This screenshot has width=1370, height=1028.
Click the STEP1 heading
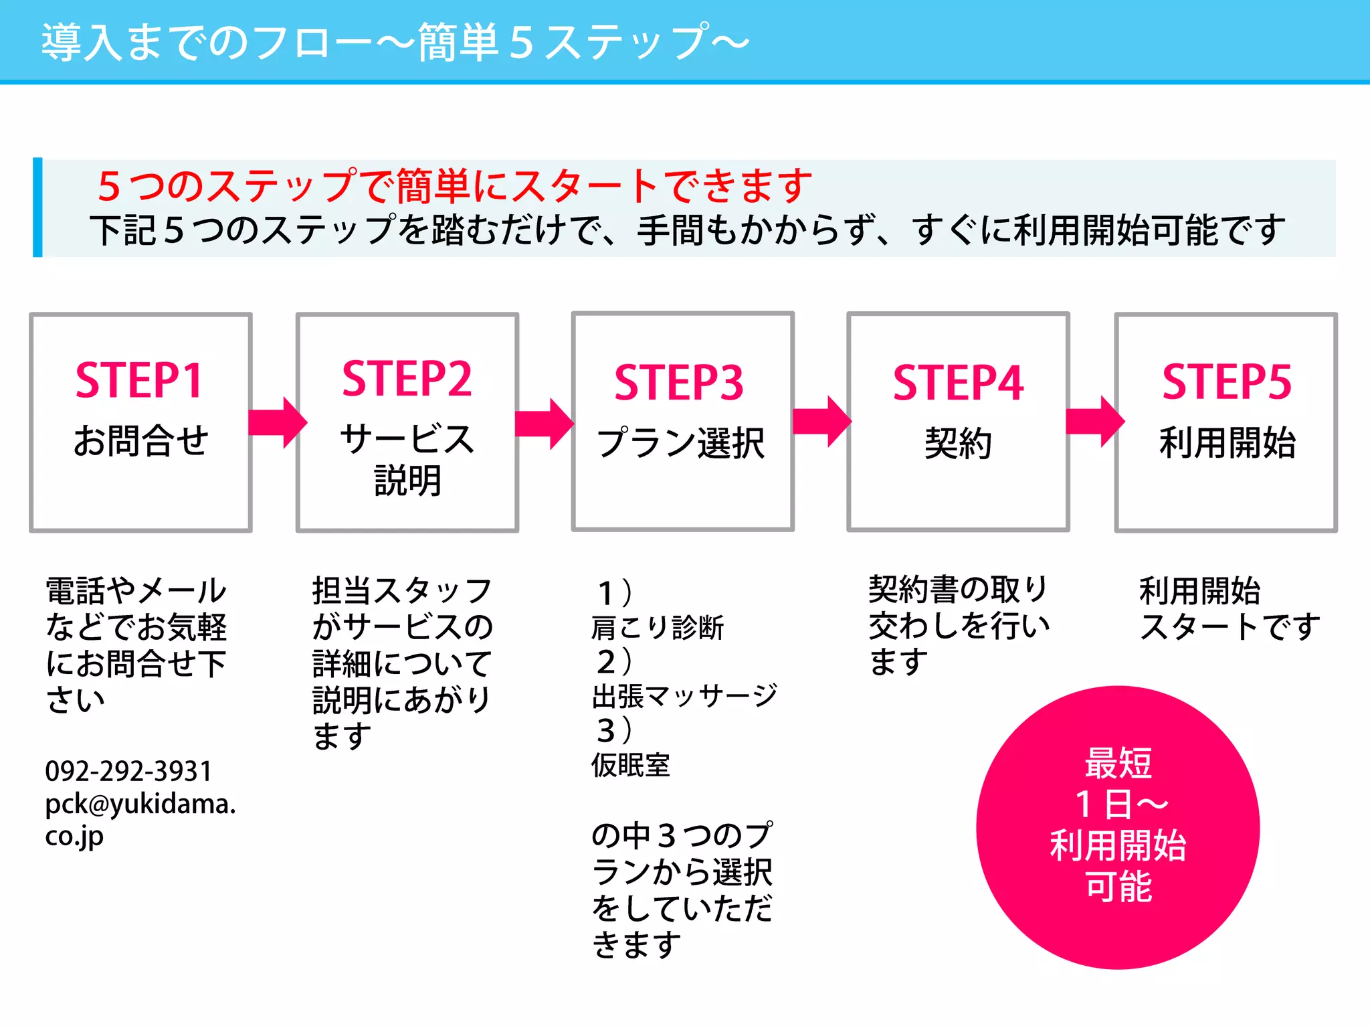coord(139,380)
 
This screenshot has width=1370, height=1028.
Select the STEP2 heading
coord(407,379)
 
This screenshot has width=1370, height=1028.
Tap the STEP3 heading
coord(679,383)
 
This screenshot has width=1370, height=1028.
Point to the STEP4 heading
coord(958,383)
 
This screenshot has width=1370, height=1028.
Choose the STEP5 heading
coord(1227,381)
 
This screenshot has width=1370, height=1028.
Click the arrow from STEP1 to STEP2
coord(277,422)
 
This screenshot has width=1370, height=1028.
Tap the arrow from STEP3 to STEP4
coord(821,422)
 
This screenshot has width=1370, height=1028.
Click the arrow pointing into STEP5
coord(1095,422)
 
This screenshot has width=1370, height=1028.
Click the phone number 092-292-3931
coord(128,771)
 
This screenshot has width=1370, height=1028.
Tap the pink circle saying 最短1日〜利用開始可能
coord(1118,827)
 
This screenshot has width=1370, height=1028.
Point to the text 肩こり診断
coord(658,628)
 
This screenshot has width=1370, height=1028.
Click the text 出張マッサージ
coord(684,697)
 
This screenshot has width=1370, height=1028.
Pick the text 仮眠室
coord(630,765)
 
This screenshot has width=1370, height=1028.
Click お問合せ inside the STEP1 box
coord(141,441)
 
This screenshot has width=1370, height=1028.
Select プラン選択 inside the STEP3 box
coord(681,443)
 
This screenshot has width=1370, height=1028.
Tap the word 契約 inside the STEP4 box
coord(958,443)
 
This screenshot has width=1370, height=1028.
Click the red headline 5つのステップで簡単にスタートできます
coord(455,185)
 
